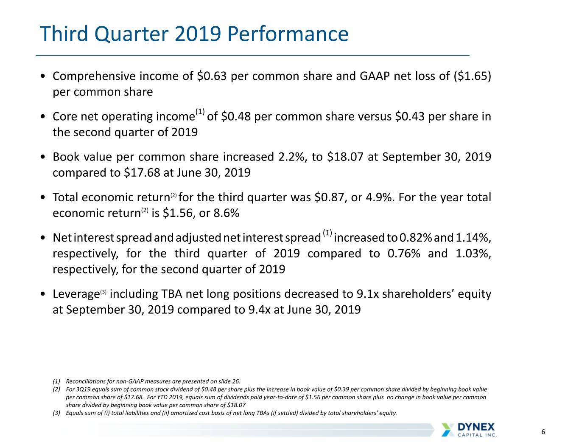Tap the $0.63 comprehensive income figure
[x=212, y=76]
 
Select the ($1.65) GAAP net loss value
[x=472, y=76]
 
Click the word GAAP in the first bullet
[x=375, y=76]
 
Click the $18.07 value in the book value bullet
[x=345, y=157]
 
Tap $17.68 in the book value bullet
[x=142, y=173]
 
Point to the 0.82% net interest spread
[x=416, y=238]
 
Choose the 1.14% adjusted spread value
[x=473, y=238]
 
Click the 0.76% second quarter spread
[x=404, y=254]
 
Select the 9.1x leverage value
[x=367, y=294]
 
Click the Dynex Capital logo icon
[x=448, y=430]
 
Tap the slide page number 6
[x=543, y=432]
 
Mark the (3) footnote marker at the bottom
[x=56, y=413]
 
